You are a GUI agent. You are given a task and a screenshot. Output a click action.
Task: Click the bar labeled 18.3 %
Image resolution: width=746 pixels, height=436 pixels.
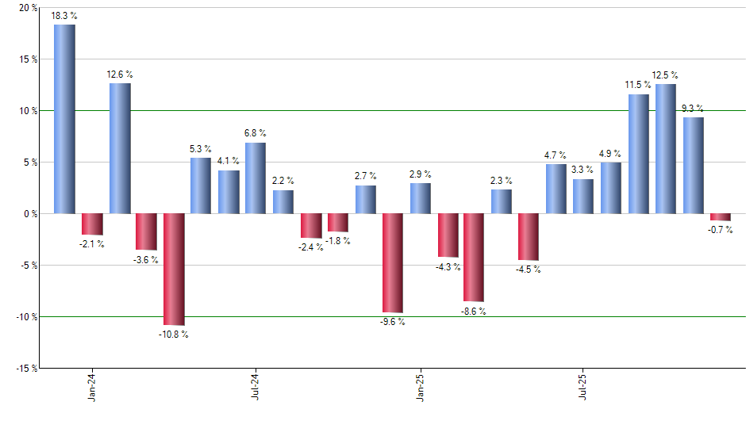(x=64, y=119)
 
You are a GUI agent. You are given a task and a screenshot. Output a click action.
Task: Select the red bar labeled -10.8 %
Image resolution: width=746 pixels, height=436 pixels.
(x=174, y=269)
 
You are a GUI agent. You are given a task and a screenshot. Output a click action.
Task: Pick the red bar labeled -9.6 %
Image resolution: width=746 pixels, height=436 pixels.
(x=393, y=262)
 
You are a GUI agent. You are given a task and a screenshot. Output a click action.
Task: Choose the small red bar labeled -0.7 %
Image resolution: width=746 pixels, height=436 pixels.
(x=721, y=217)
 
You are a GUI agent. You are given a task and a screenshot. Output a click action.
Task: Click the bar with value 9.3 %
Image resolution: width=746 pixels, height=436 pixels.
(x=694, y=166)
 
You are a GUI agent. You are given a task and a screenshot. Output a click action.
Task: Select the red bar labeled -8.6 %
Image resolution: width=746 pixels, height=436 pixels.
(x=475, y=258)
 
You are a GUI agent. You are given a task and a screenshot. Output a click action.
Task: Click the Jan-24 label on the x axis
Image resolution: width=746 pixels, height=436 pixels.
(x=92, y=386)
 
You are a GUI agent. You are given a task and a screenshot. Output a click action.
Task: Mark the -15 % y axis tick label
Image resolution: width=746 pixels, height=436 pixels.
(x=25, y=369)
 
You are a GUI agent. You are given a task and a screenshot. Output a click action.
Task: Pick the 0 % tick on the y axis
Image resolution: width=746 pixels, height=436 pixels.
(x=30, y=214)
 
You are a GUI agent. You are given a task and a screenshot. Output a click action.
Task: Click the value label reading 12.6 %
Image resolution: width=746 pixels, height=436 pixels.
(x=120, y=75)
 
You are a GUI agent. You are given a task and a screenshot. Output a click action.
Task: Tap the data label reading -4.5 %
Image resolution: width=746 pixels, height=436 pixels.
(x=529, y=270)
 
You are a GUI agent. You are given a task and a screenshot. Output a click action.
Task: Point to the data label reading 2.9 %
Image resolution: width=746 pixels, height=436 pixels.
(x=421, y=174)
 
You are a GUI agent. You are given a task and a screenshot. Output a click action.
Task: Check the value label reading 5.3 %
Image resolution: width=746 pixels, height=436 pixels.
(x=201, y=149)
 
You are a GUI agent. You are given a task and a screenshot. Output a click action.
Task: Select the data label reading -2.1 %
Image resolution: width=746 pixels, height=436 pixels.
(x=92, y=244)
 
